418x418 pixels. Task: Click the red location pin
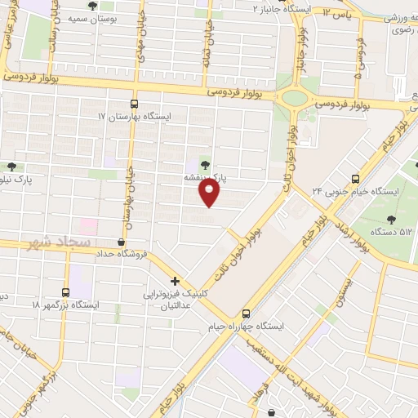(x=210, y=191)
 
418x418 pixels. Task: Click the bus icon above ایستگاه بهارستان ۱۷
(x=135, y=104)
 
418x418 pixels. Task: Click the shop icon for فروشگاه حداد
(x=122, y=242)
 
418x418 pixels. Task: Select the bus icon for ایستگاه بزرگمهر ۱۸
(x=65, y=291)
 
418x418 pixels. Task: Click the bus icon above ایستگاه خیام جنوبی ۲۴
(x=355, y=178)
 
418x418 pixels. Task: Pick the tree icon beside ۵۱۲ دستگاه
(x=392, y=219)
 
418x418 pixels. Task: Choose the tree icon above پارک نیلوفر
(x=10, y=166)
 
